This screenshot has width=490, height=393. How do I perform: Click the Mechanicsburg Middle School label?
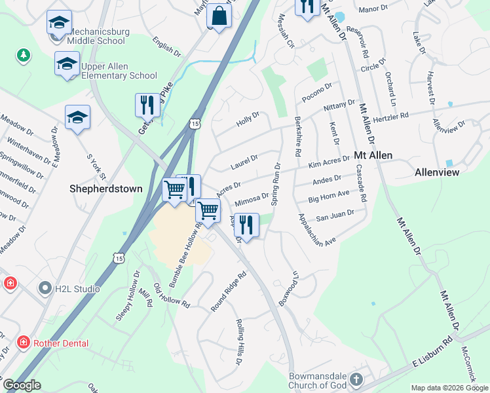(96, 36)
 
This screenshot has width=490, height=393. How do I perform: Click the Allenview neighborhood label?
(437, 172)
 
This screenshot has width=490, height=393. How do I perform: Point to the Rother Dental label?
(62, 343)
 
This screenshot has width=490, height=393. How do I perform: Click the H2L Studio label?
(77, 288)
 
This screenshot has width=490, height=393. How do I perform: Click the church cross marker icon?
(355, 379)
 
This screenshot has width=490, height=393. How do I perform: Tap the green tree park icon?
(24, 55)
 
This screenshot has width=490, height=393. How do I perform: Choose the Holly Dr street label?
(248, 119)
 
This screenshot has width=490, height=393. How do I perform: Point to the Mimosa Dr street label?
(251, 197)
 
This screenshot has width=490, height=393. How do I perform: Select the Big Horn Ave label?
(330, 195)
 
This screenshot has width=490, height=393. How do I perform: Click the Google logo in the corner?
(22, 385)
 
